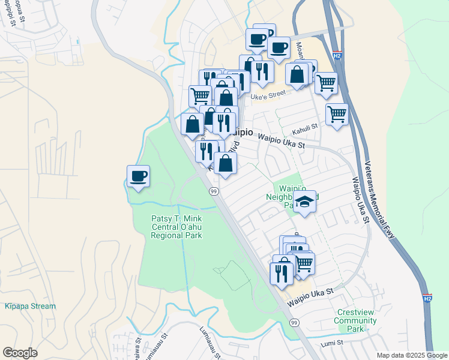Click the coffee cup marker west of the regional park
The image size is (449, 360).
138,176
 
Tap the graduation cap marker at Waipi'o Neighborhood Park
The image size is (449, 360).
305,202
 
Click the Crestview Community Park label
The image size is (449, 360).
357,320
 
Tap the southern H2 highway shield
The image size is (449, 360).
426,298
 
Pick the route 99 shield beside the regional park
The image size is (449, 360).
213,191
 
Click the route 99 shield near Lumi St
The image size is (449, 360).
294,323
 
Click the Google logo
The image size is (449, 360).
20,353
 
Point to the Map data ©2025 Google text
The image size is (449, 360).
411,355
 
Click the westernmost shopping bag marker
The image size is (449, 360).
192,124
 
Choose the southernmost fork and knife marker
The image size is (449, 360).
281,272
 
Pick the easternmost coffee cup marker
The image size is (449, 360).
278,47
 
